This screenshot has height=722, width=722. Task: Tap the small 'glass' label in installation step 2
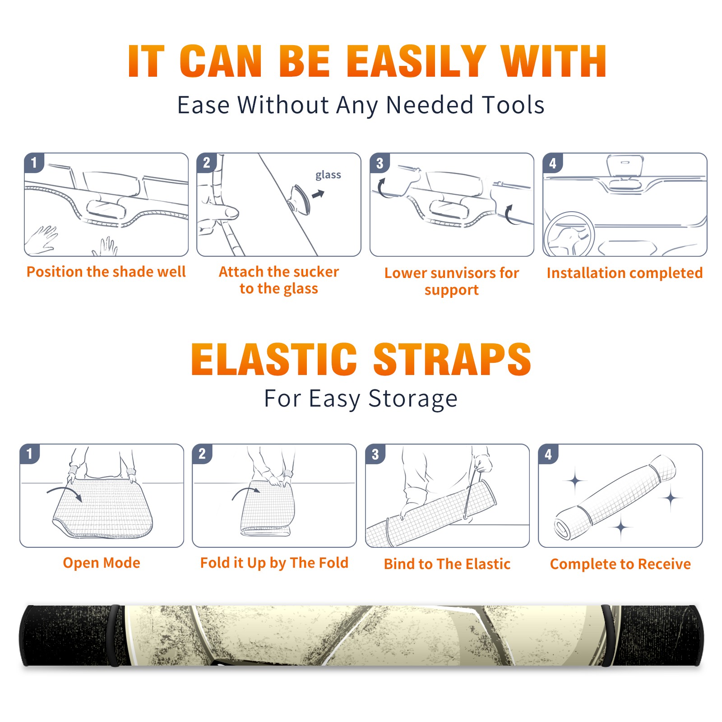328,175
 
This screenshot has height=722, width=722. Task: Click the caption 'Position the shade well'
106,272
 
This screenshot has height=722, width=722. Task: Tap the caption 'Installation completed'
625,273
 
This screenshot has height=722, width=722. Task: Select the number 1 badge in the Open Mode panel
30,454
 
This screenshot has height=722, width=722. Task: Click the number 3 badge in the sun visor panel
380,163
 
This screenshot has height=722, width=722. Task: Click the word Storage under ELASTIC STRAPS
413,399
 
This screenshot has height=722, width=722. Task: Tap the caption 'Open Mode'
102,563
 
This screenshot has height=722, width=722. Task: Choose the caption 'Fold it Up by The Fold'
274,563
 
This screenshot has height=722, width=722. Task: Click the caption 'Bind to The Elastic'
447,564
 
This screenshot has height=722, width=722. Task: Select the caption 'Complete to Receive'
620,564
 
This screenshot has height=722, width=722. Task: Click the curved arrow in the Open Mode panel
64,489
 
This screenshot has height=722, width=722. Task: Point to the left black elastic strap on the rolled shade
114,635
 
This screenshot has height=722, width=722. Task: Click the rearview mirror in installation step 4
625,166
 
